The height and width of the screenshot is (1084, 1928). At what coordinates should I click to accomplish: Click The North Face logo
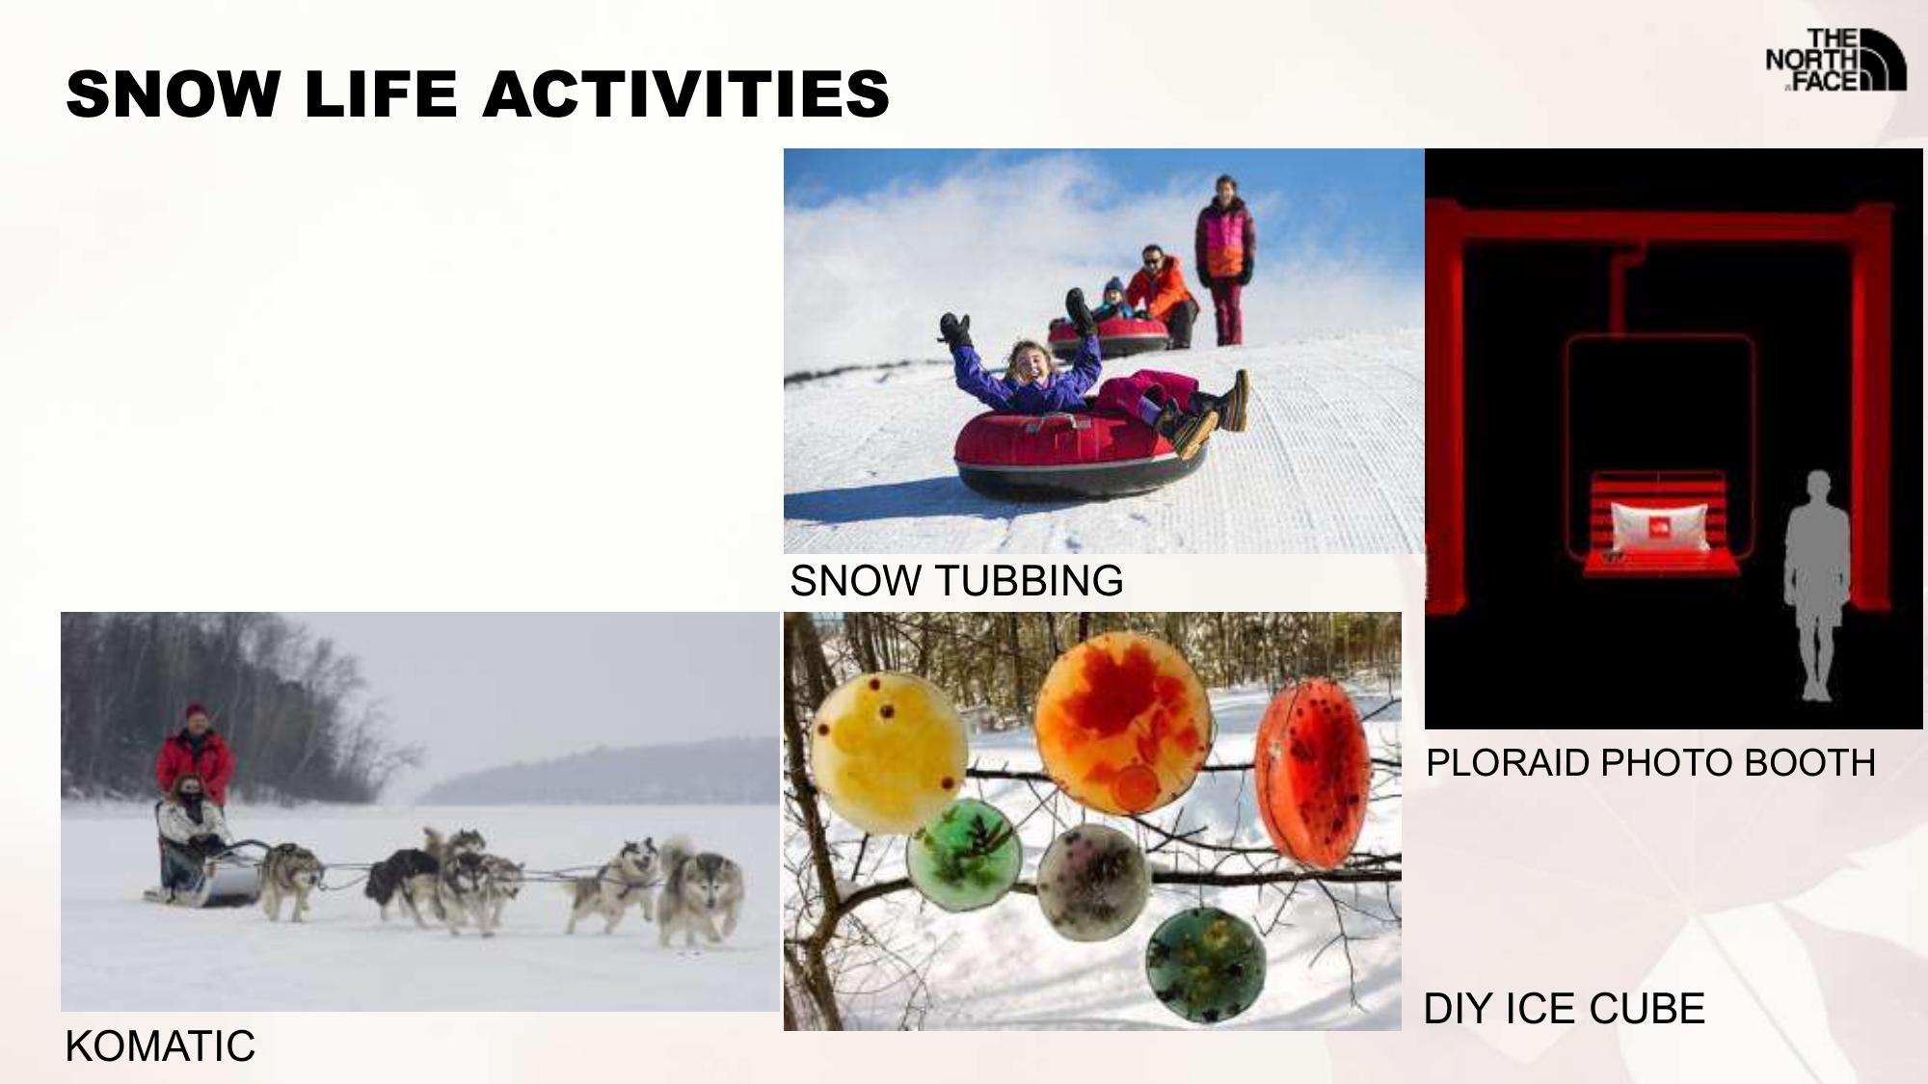tap(1835, 60)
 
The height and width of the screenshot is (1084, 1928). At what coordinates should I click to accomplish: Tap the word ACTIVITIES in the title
tap(686, 94)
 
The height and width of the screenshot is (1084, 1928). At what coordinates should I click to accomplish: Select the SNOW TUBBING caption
tap(956, 581)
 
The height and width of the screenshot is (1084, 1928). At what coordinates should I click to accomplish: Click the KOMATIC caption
tap(160, 1046)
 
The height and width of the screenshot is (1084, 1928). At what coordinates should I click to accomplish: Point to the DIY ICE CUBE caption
tap(1564, 1009)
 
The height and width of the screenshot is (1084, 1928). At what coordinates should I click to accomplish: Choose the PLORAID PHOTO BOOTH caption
tap(1650, 763)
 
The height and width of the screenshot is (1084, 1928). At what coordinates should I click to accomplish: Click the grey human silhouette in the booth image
tap(1817, 586)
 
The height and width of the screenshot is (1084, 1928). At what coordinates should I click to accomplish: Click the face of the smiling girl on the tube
tap(1028, 364)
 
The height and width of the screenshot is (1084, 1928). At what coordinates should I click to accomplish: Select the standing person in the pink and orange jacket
tap(1224, 260)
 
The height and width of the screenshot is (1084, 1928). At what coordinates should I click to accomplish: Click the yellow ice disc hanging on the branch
tap(885, 753)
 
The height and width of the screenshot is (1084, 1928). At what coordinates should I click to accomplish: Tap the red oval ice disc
tap(1313, 773)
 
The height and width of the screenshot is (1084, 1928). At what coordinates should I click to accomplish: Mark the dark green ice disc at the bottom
tap(1205, 959)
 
